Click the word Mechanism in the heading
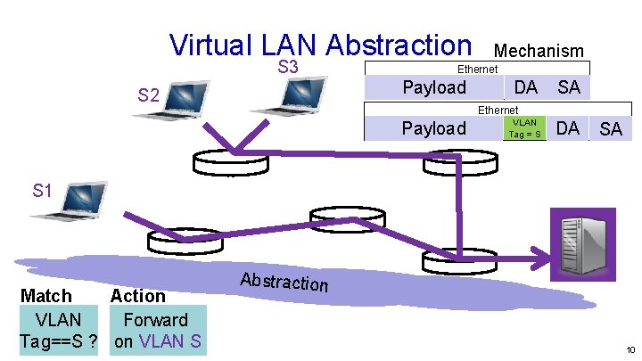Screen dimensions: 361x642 click(x=539, y=52)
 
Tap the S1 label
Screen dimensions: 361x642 click(x=43, y=190)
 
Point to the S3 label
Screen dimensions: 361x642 click(x=287, y=68)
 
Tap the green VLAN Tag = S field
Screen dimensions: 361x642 click(x=523, y=128)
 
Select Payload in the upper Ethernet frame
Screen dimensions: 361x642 click(x=434, y=87)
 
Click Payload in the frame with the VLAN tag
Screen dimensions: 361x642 click(x=433, y=128)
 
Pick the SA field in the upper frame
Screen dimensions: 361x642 click(x=568, y=87)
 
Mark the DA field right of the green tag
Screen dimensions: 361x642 click(x=567, y=128)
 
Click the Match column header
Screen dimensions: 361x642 click(x=46, y=295)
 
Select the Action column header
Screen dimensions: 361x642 click(x=137, y=295)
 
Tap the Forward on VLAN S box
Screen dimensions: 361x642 click(x=157, y=330)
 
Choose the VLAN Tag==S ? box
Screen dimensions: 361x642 click(x=57, y=330)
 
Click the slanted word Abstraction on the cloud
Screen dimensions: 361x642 click(x=284, y=281)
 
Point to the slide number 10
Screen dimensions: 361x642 click(x=630, y=350)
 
